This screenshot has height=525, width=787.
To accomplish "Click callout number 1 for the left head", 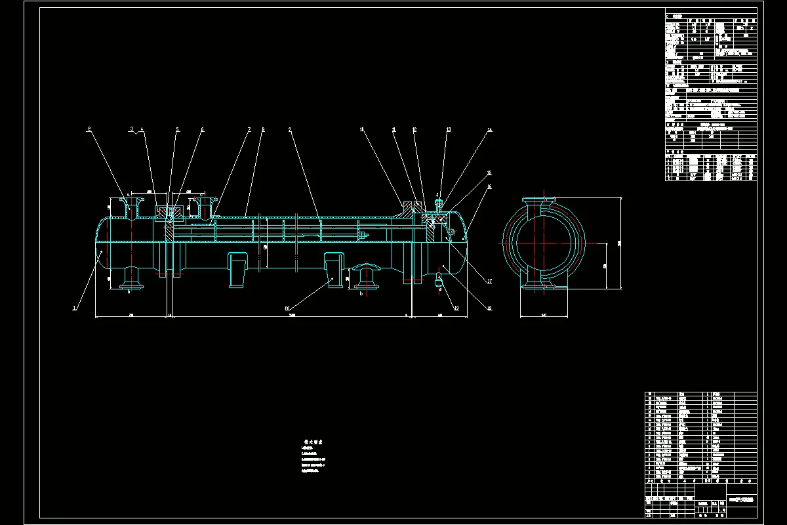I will click(x=74, y=307).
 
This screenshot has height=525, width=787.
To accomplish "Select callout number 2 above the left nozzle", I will click(x=89, y=129).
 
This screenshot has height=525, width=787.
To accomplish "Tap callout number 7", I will click(x=249, y=129).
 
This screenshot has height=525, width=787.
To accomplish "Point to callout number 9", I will click(x=289, y=129).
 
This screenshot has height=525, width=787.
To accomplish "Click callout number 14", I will click(x=489, y=130).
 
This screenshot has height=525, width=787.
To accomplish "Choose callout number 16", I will click(x=489, y=187).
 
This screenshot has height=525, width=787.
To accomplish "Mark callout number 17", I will click(x=489, y=282).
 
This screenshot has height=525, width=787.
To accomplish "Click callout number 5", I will click(x=177, y=129).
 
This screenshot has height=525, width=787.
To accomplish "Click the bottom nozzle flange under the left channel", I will click(x=130, y=284).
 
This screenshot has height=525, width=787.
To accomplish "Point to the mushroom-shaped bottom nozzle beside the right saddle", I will click(x=365, y=276).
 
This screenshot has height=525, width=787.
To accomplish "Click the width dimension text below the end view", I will click(x=543, y=316).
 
